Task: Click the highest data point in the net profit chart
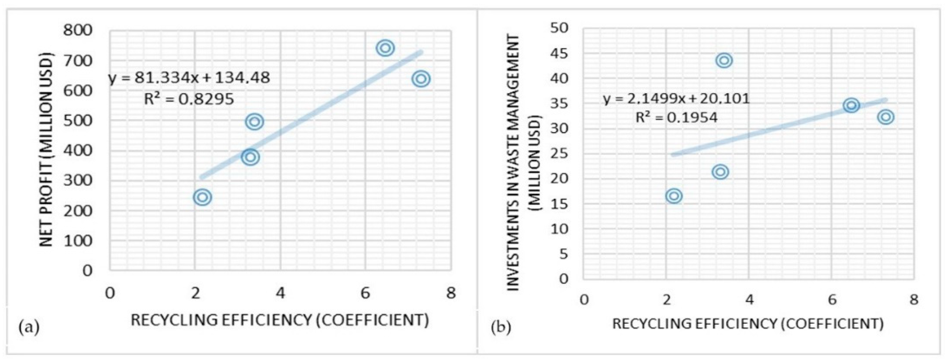point(385,48)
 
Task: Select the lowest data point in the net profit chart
point(203,197)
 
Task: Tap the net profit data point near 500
point(255,121)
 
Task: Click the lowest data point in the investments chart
point(674,196)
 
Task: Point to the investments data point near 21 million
point(720,172)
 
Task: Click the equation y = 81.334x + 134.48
point(189,78)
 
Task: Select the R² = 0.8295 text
point(189,99)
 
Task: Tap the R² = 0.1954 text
point(676,118)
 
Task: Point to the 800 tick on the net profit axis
point(77,30)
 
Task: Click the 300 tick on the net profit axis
point(77,180)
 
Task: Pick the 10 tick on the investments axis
point(560,229)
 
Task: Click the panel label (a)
point(29,326)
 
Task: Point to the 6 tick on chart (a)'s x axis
point(365,293)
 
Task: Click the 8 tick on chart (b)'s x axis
point(914,300)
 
